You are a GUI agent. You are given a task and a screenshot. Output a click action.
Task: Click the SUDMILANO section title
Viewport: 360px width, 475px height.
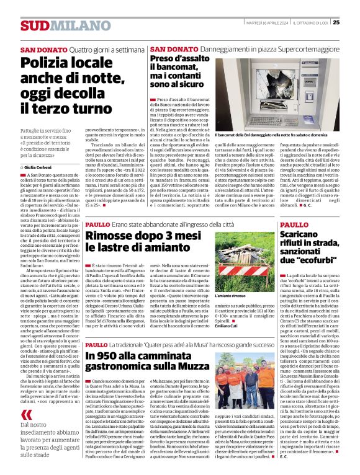56,25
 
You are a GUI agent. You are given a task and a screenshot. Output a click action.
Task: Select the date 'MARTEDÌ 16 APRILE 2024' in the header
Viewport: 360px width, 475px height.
265,23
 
